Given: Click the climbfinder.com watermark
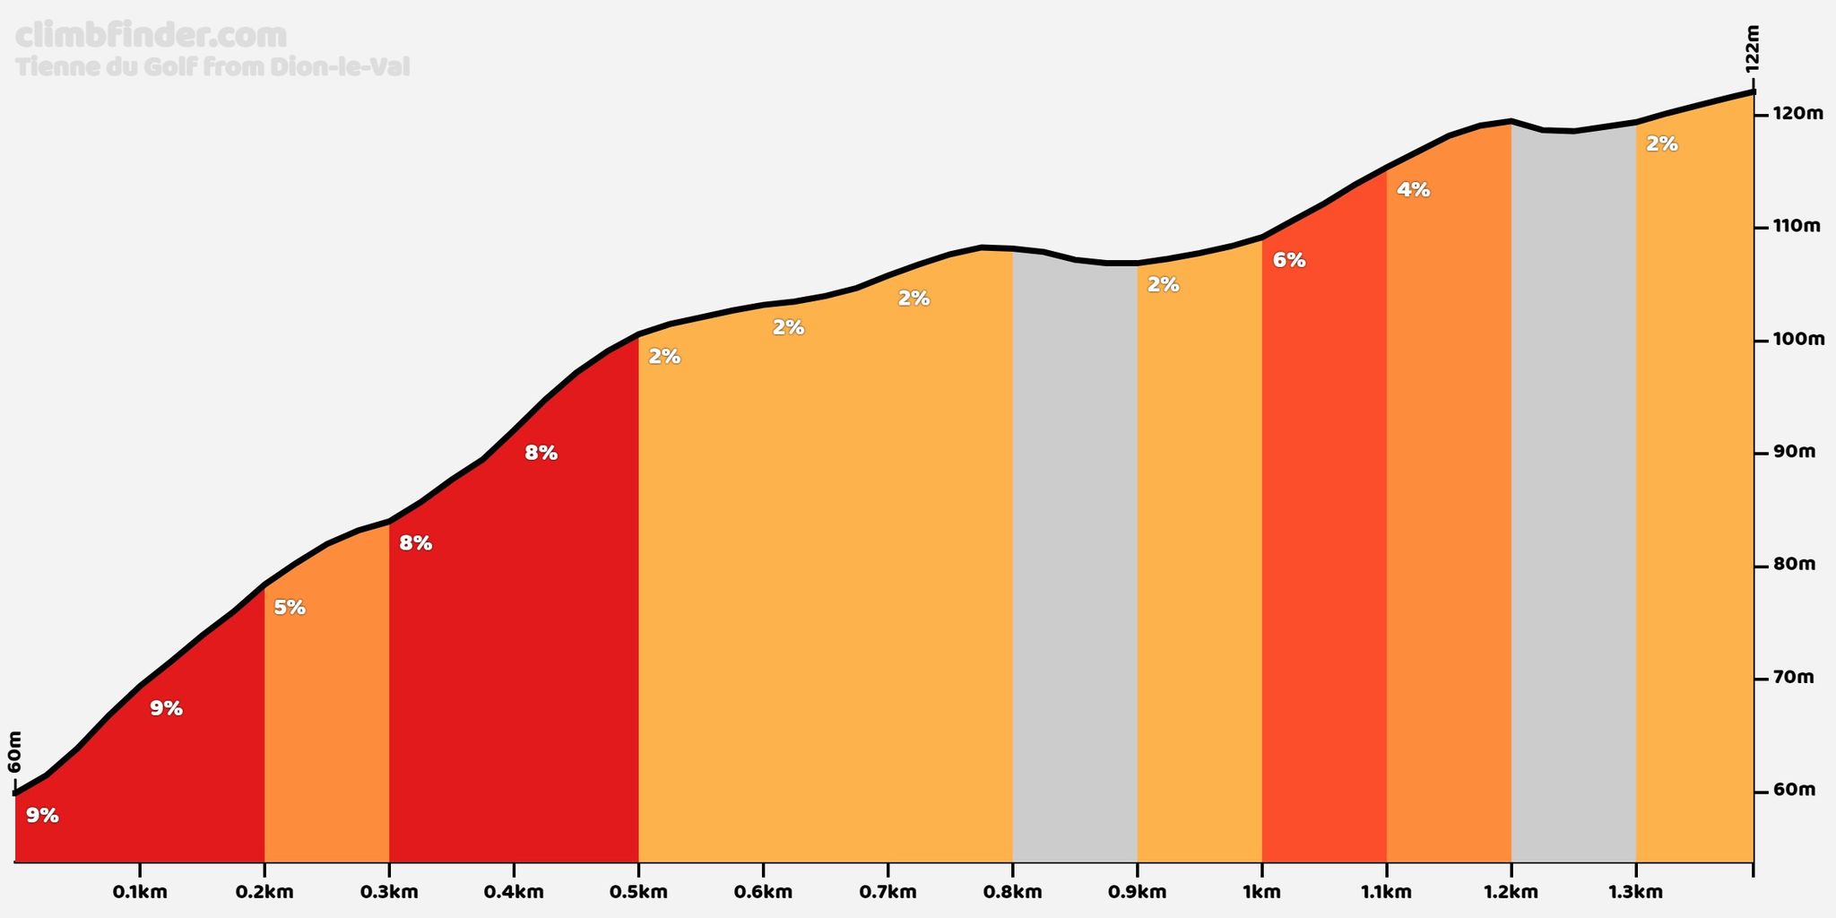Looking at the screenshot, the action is coord(152,36).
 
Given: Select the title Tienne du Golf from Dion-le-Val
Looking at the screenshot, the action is coord(212,67).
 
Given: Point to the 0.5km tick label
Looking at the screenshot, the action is coord(638,892).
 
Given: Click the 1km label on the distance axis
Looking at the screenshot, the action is coord(1261,892).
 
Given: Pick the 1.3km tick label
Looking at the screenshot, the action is coord(1636,892).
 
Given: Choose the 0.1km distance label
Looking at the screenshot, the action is coord(140,892).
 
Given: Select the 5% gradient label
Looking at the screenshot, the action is coord(290,608).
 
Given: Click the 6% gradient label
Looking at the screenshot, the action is coord(1289,261).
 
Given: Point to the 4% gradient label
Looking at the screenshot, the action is coord(1414,190).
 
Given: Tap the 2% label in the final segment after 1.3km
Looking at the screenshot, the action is coord(1662,143).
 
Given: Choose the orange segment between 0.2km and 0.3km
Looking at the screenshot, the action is coord(326,699).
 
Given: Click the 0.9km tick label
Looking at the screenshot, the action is coord(1137,892).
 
